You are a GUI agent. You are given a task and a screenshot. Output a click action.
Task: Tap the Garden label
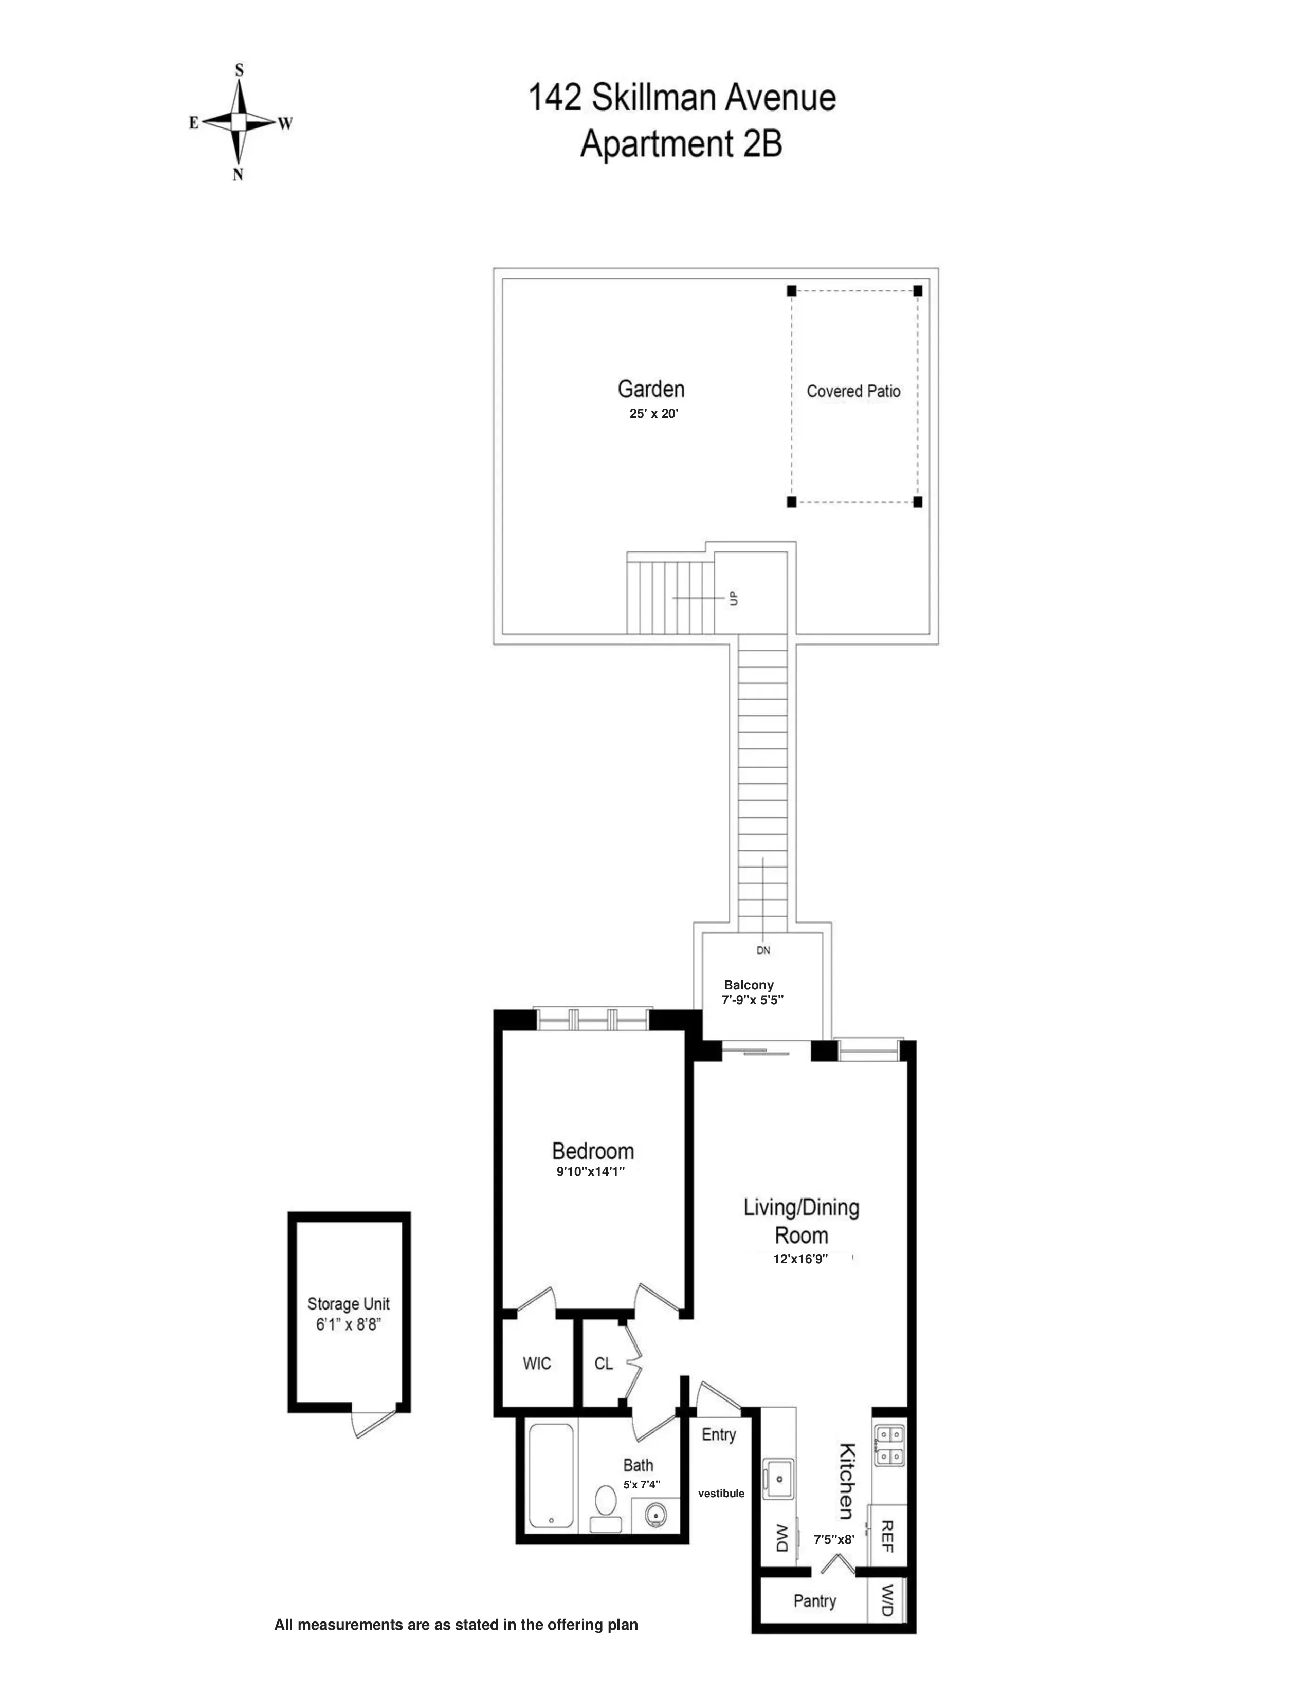point(651,389)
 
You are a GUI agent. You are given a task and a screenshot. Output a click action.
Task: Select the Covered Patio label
point(853,392)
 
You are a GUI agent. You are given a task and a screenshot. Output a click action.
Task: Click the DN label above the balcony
point(762,950)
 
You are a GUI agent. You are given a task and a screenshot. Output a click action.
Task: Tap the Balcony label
point(749,985)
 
